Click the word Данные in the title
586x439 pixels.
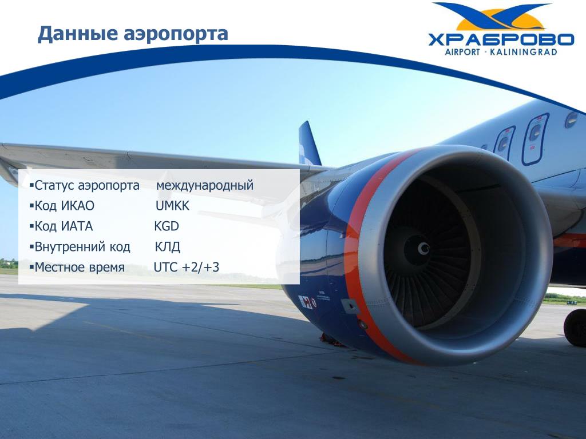(x=78, y=34)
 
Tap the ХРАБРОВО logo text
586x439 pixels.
(x=501, y=40)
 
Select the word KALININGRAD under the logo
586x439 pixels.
(x=523, y=52)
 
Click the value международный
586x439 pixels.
(x=205, y=185)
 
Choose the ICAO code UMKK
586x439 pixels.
(x=172, y=206)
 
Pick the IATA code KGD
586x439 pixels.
(x=167, y=226)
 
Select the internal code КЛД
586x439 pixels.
(x=168, y=247)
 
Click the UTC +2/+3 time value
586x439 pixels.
(x=187, y=268)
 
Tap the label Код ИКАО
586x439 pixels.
(x=64, y=206)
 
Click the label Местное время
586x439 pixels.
(x=80, y=268)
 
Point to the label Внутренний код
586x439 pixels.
(x=82, y=247)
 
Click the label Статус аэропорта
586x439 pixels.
(x=87, y=186)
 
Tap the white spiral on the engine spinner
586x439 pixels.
(x=423, y=248)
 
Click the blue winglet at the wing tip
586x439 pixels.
(x=310, y=143)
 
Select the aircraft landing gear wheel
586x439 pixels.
(x=576, y=328)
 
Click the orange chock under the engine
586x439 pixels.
(x=330, y=340)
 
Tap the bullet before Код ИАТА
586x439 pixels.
(x=32, y=226)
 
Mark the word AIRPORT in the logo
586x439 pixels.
(x=462, y=52)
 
